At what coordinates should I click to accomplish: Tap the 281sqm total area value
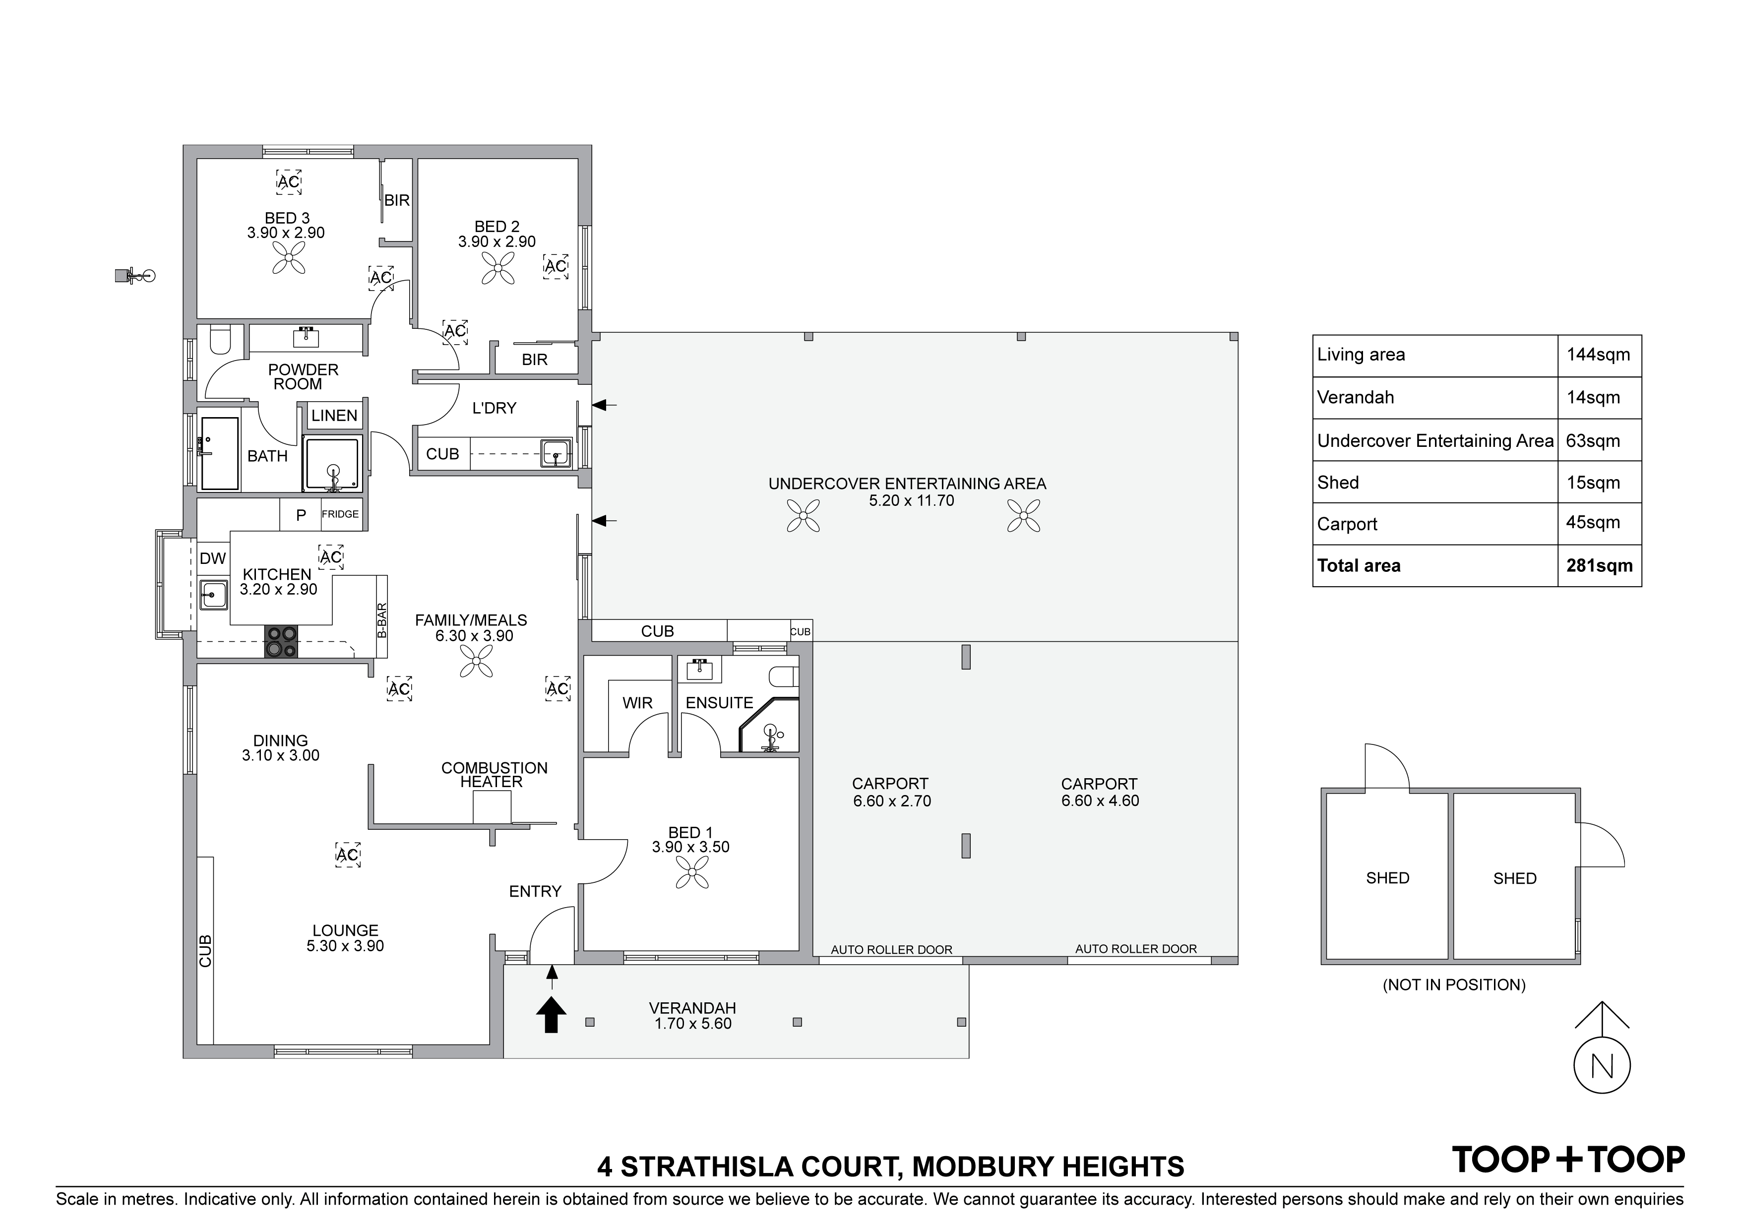(x=1599, y=566)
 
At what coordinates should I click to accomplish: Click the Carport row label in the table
(x=1347, y=524)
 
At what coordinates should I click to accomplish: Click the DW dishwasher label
(x=213, y=558)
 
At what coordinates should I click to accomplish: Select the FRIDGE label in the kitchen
(x=340, y=514)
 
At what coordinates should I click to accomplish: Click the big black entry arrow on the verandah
(x=552, y=1015)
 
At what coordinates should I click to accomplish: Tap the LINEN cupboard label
(x=334, y=415)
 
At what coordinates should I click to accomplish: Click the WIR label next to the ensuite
(x=637, y=703)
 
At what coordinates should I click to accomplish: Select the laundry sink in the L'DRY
(x=556, y=453)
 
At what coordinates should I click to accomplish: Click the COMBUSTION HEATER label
(x=494, y=775)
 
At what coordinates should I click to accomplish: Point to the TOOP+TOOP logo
(x=1568, y=1160)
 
